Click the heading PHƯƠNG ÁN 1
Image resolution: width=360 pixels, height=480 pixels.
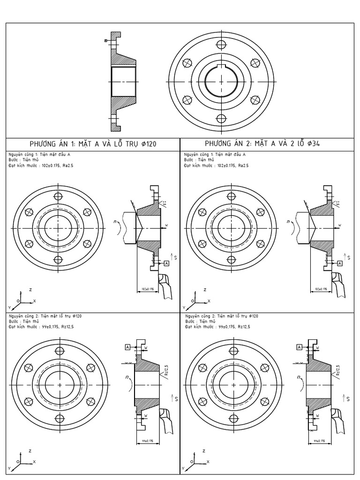93,144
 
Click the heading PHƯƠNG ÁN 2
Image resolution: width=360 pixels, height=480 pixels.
262,144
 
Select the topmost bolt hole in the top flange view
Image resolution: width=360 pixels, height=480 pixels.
221,44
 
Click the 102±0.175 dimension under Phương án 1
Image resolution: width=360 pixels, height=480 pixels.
147,289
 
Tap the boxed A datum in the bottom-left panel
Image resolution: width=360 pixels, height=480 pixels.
127,347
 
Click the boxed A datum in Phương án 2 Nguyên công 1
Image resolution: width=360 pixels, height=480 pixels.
340,264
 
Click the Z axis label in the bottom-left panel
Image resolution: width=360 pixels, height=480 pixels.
30,450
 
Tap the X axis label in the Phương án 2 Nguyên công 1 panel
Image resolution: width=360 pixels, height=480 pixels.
209,300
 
